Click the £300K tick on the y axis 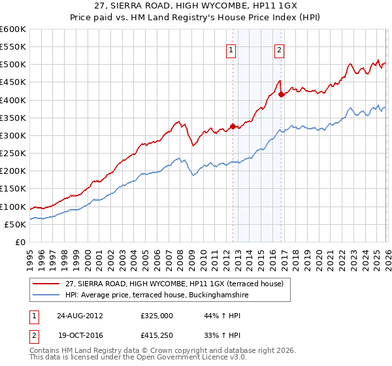13,135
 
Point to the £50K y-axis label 16,224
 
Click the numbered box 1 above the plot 231,50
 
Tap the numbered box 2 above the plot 279,50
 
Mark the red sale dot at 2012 233,127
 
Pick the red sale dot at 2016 281,95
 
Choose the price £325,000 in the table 157,315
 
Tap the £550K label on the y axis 13,47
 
